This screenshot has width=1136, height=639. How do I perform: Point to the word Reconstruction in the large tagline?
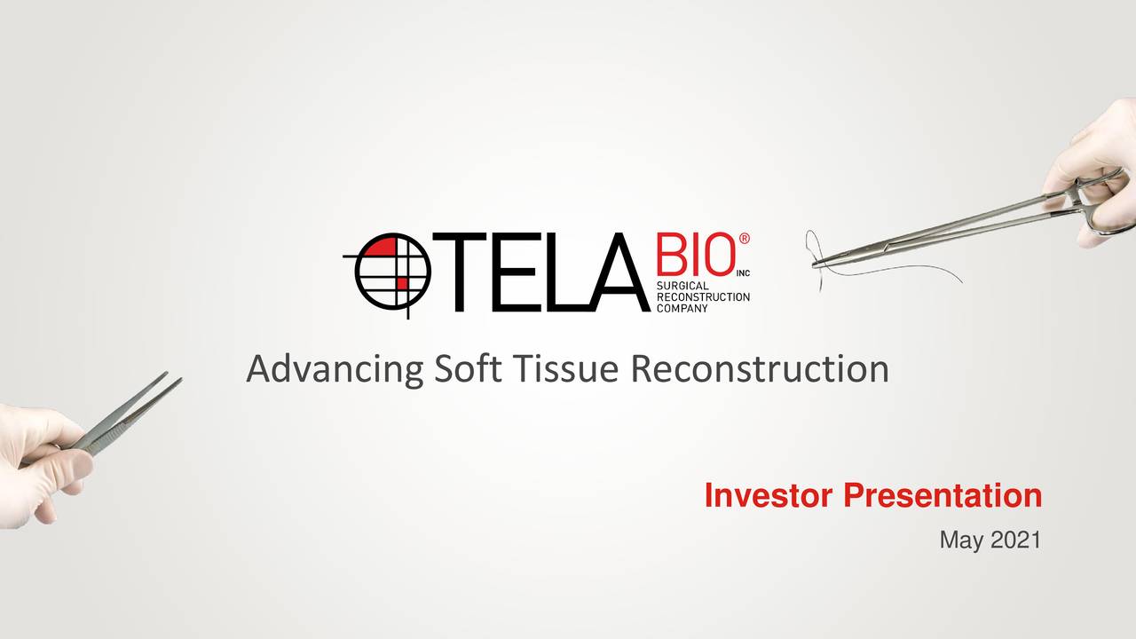(x=760, y=368)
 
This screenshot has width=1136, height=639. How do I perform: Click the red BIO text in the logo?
(x=693, y=256)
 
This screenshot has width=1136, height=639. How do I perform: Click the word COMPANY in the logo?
(x=682, y=308)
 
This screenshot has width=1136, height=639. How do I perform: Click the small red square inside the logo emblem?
(x=401, y=283)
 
